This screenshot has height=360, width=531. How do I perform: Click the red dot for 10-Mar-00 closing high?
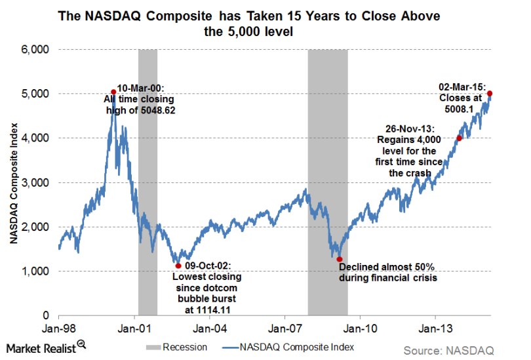113,92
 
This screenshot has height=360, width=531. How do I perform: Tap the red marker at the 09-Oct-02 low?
178,266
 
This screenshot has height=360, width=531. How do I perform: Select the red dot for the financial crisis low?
340,259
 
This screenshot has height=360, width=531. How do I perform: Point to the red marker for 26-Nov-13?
459,138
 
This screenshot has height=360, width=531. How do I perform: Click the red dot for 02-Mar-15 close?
490,94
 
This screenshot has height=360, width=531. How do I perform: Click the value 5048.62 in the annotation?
159,110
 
